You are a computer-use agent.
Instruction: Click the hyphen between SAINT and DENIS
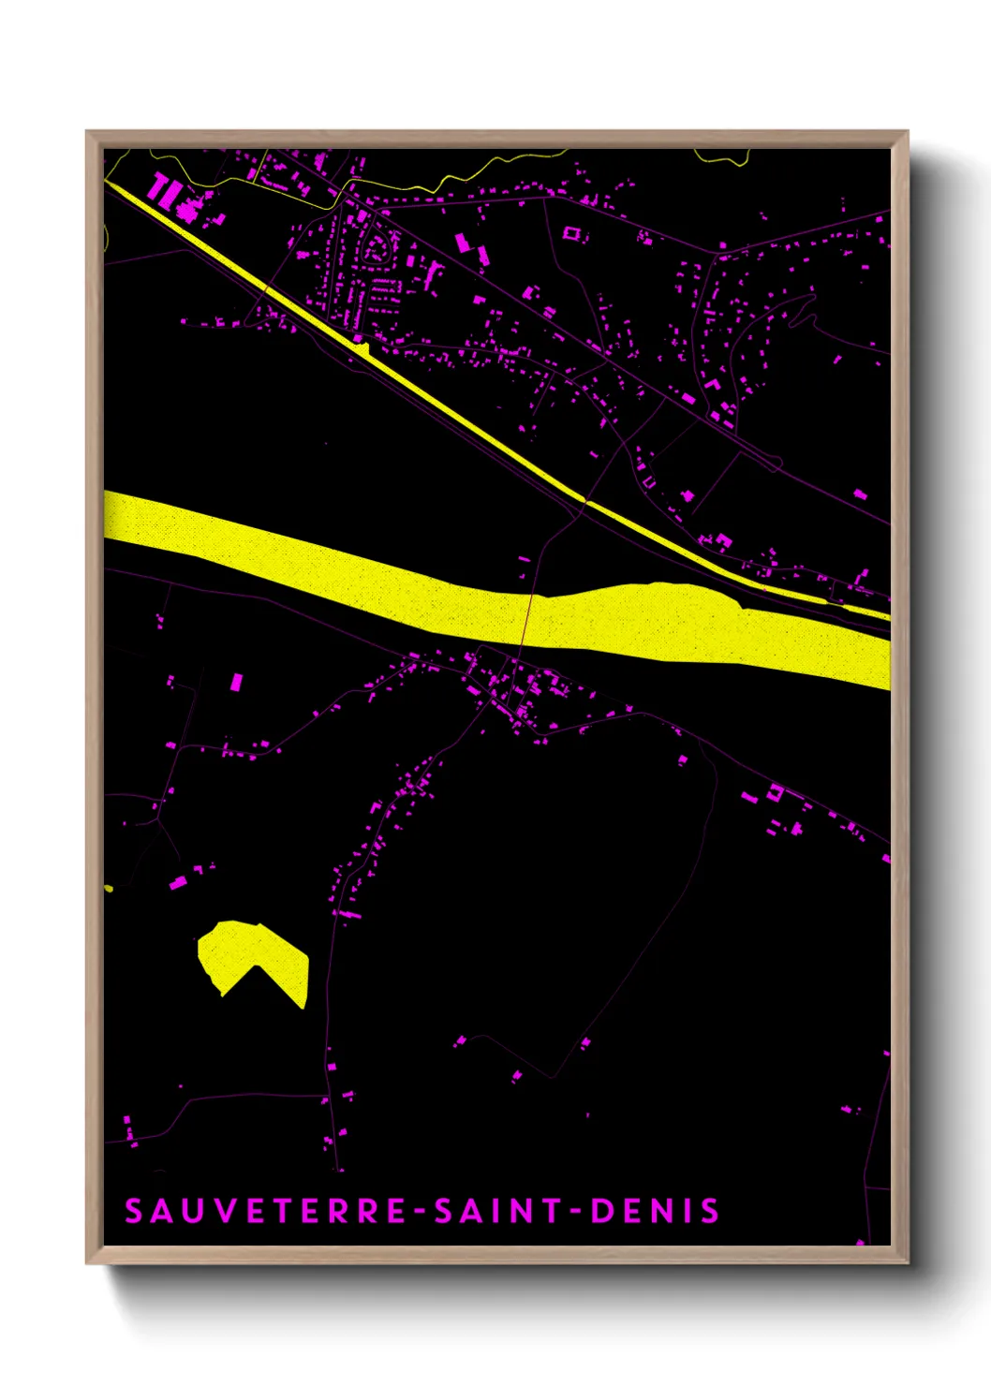(x=575, y=1211)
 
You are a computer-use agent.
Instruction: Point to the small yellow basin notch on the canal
(x=364, y=350)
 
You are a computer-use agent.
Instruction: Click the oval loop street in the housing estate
(x=377, y=249)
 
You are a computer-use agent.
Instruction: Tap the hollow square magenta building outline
(x=571, y=232)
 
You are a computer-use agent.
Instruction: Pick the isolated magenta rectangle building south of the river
(x=236, y=681)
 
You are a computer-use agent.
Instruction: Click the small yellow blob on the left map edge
(x=109, y=888)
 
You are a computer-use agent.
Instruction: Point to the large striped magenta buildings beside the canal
(x=166, y=191)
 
